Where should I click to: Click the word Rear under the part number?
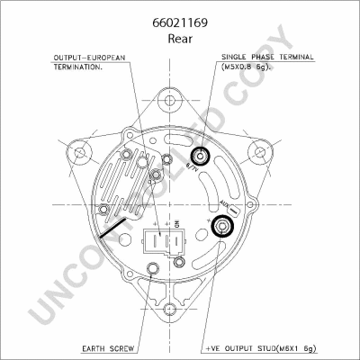click(x=179, y=40)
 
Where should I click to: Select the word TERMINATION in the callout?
click(x=76, y=67)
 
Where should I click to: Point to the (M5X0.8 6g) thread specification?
click(x=248, y=67)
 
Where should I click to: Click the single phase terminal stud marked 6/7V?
click(x=202, y=157)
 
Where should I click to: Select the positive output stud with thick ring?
click(x=221, y=226)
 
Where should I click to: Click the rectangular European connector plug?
click(x=164, y=246)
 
